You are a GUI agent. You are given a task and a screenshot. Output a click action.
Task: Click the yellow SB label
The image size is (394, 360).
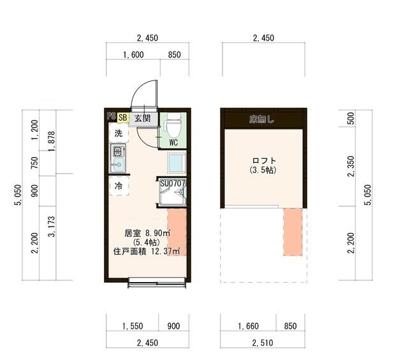pos(122,117)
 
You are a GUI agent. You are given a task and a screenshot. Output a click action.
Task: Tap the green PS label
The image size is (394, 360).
pos(112,117)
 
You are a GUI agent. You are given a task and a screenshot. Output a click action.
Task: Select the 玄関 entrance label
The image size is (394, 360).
pos(142,118)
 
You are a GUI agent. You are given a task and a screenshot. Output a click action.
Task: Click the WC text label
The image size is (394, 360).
pos(173,143)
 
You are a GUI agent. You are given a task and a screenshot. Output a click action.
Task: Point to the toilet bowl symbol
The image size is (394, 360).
pos(173,123)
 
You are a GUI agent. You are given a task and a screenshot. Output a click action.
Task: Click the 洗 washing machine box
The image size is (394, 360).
pos(118,133)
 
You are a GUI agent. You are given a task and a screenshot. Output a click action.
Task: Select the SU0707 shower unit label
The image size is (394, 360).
pos(172,183)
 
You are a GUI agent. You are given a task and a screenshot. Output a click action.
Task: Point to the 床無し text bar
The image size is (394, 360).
pos(261,119)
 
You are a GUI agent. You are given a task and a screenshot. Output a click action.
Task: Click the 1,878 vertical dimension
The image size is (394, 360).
pos(52,144)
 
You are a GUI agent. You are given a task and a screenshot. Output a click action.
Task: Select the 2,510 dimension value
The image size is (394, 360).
pos(263,343)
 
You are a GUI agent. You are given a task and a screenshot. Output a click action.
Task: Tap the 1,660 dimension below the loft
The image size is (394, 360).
pos(249,326)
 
